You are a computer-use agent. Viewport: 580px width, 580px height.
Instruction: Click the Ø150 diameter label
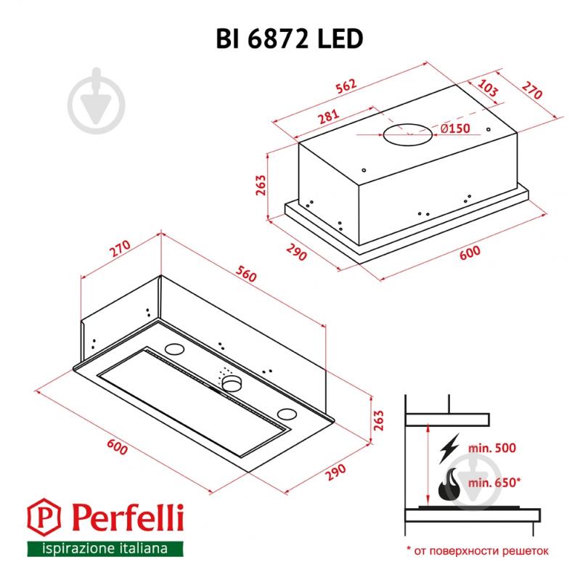[x=456, y=128]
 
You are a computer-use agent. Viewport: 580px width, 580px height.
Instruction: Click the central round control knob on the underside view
[x=231, y=383]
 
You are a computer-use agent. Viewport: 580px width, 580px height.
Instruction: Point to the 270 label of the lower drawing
[x=119, y=250]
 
